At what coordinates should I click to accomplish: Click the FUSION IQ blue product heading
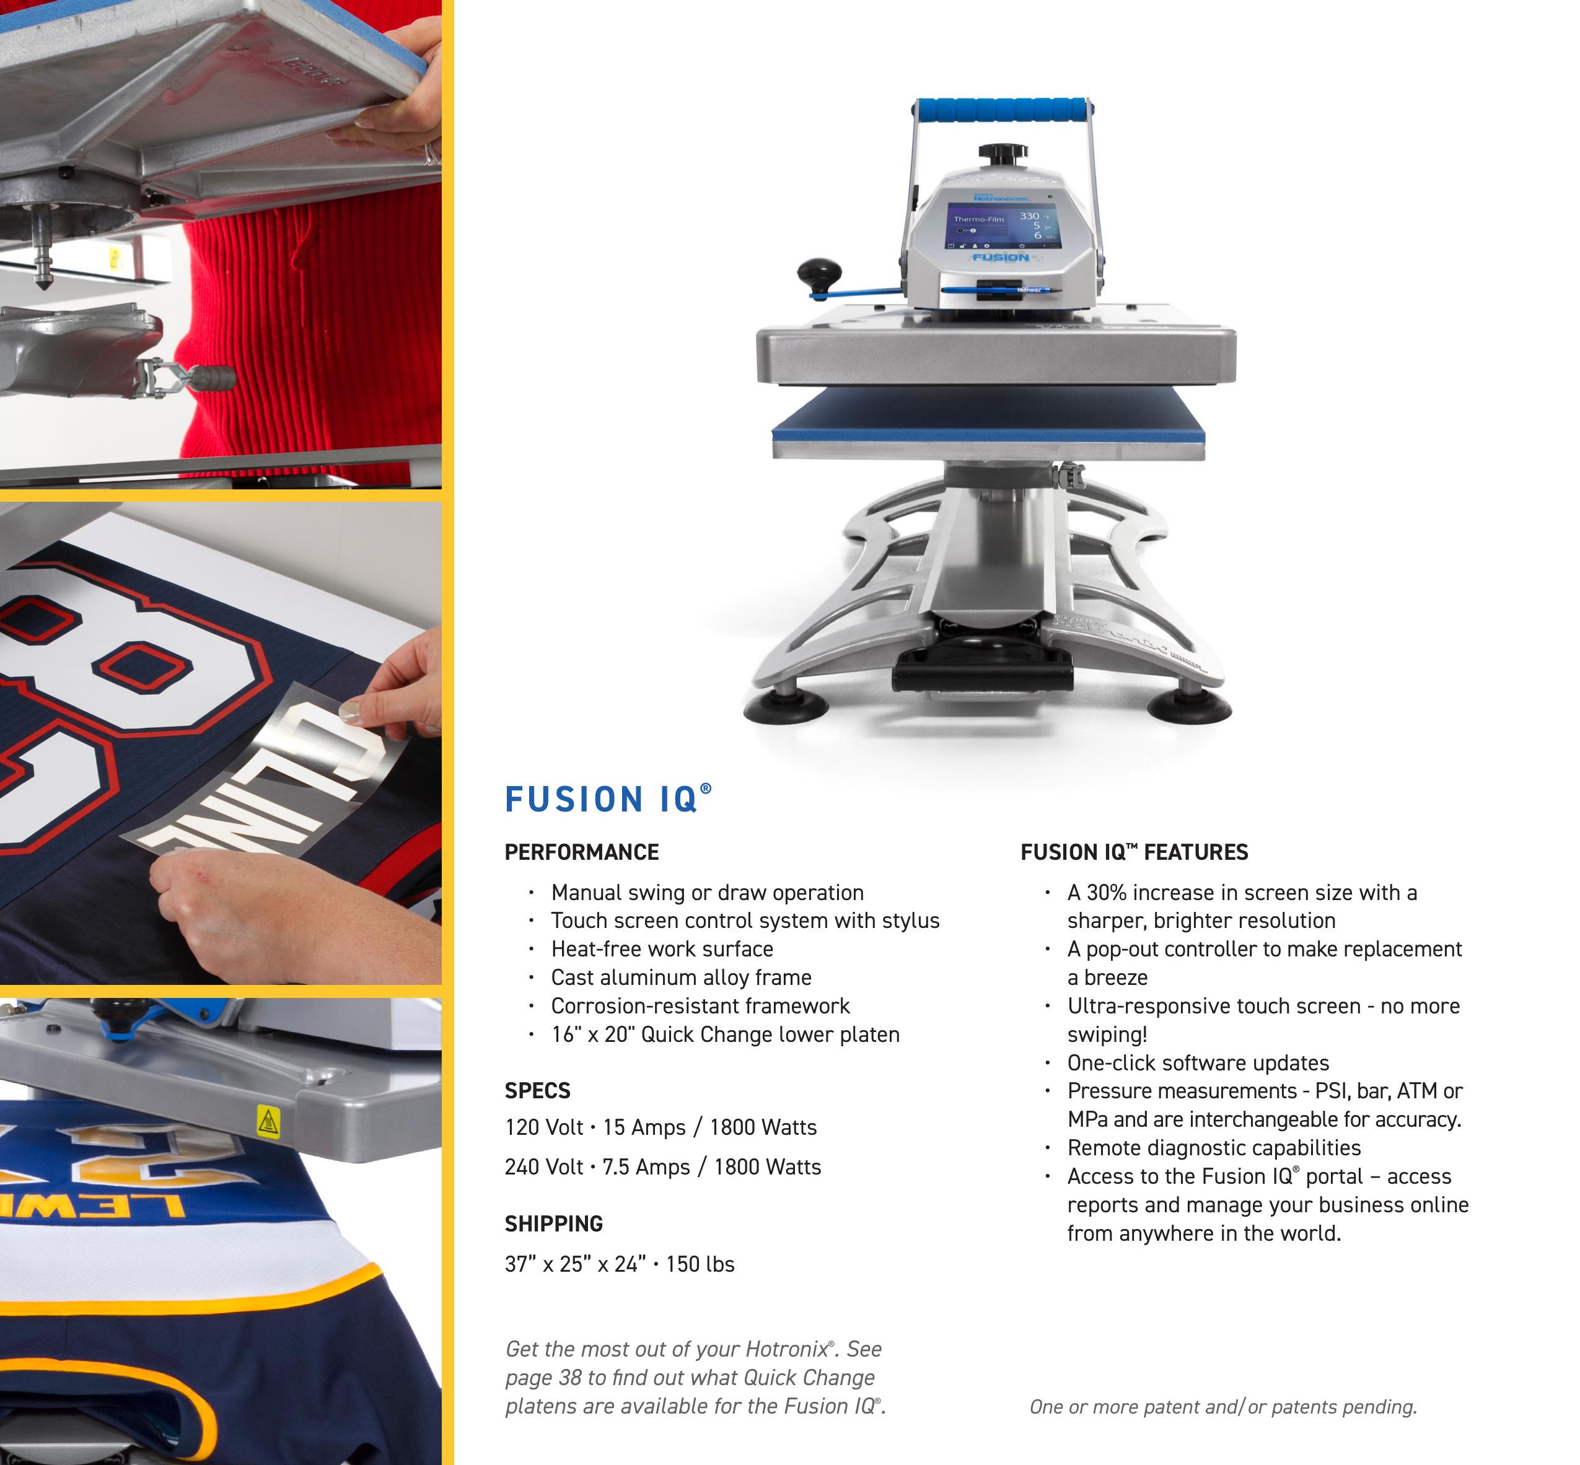[608, 799]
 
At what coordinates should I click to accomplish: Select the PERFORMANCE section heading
[582, 852]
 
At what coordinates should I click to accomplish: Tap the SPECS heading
[537, 1091]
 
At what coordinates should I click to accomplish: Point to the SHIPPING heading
[553, 1224]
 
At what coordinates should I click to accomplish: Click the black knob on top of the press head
[1003, 151]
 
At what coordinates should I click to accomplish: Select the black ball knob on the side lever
[819, 274]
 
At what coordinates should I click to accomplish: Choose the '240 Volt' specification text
[544, 1167]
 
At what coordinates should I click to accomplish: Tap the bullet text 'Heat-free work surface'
[662, 949]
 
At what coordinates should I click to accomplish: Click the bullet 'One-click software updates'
[1198, 1063]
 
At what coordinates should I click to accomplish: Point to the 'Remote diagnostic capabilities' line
[1214, 1148]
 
